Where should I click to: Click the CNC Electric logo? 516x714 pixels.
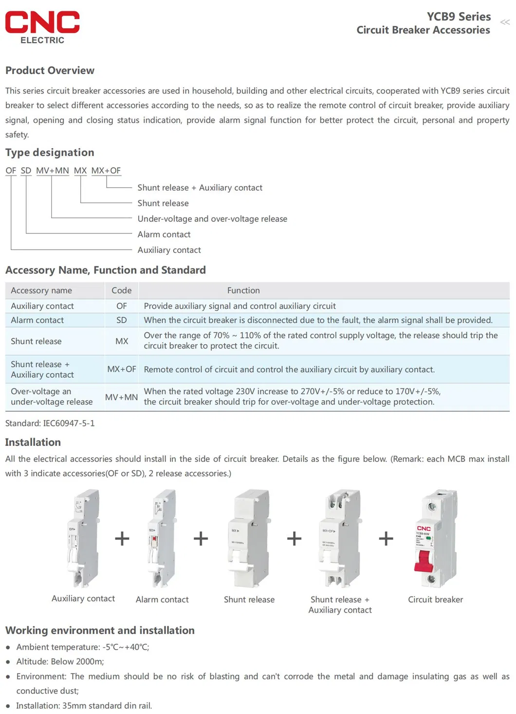pyautogui.click(x=42, y=27)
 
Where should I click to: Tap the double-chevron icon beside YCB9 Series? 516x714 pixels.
pyautogui.click(x=505, y=22)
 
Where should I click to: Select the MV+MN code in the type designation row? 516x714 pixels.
pyautogui.click(x=52, y=171)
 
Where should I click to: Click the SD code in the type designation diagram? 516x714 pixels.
pyautogui.click(x=26, y=171)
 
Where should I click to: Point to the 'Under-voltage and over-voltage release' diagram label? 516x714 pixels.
pyautogui.click(x=212, y=219)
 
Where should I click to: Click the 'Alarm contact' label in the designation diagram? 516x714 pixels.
pyautogui.click(x=164, y=234)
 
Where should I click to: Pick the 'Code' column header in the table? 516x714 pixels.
pyautogui.click(x=121, y=290)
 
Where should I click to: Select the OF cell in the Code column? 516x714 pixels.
pyautogui.click(x=121, y=306)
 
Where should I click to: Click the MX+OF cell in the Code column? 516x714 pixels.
pyautogui.click(x=121, y=369)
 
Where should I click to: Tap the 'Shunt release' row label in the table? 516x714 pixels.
pyautogui.click(x=36, y=341)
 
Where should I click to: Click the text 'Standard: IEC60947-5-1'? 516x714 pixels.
pyautogui.click(x=50, y=423)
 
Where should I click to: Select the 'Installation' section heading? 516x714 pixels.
pyautogui.click(x=33, y=442)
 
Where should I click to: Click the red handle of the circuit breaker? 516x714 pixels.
pyautogui.click(x=424, y=560)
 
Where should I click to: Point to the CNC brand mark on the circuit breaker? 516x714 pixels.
pyautogui.click(x=424, y=528)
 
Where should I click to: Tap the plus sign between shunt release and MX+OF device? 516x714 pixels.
pyautogui.click(x=294, y=539)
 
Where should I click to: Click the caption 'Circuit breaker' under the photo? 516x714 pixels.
pyautogui.click(x=435, y=599)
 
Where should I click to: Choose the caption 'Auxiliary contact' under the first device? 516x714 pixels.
pyautogui.click(x=83, y=598)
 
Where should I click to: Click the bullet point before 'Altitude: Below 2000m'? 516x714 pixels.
pyautogui.click(x=8, y=662)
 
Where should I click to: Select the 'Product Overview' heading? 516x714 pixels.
pyautogui.click(x=50, y=70)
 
